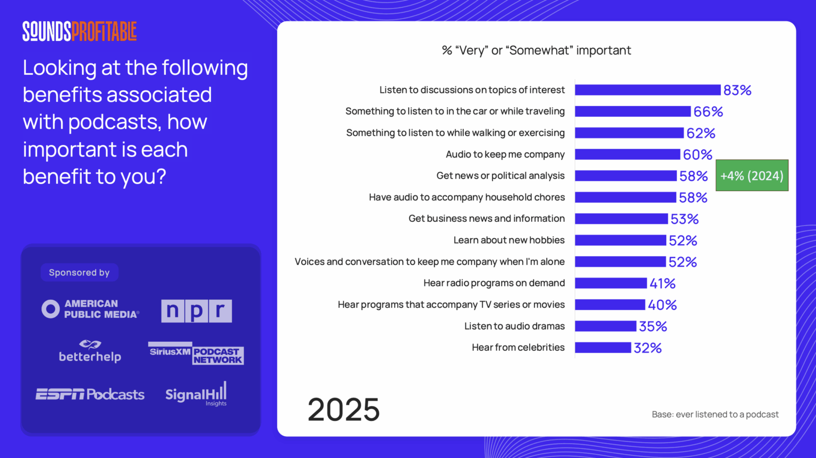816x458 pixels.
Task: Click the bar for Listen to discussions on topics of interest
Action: (x=647, y=90)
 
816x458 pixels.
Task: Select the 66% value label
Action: (x=708, y=112)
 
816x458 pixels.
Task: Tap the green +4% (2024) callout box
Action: (x=752, y=176)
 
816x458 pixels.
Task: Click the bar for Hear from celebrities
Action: (x=603, y=348)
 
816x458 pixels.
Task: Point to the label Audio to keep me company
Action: (x=505, y=154)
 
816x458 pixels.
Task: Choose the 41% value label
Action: (x=662, y=283)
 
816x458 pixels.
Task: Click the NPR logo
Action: (x=197, y=310)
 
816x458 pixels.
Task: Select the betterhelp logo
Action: (x=90, y=352)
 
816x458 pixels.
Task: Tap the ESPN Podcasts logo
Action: (x=90, y=394)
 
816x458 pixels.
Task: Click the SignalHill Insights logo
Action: (x=196, y=394)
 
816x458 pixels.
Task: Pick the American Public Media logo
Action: (x=90, y=309)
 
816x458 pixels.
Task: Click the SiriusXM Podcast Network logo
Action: (x=195, y=353)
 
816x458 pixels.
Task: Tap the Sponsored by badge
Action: (x=79, y=273)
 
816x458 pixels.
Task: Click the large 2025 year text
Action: (x=343, y=410)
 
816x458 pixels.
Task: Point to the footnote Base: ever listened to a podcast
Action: (x=715, y=414)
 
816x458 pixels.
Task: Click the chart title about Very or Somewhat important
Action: (x=536, y=50)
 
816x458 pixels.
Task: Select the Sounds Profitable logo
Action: (x=80, y=31)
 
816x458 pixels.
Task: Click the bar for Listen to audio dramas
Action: (x=605, y=326)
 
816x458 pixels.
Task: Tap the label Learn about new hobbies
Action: (x=508, y=240)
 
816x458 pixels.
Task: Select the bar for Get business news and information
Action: (x=621, y=219)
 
